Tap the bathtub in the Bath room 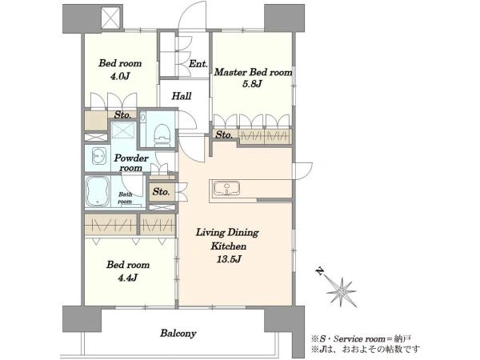(x=98, y=191)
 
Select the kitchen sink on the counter (x=226, y=188)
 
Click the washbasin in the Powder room (x=99, y=157)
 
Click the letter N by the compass (x=320, y=271)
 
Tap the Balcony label (x=178, y=333)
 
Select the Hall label (x=182, y=96)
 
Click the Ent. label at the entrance (x=198, y=64)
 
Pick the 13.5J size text (x=229, y=259)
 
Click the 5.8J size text (x=252, y=84)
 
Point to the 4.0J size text (x=120, y=75)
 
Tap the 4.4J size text (x=128, y=278)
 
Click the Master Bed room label (x=253, y=72)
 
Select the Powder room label (x=131, y=163)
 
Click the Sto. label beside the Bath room (x=161, y=192)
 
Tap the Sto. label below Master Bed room (x=224, y=134)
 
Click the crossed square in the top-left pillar (x=111, y=18)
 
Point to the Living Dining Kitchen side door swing (x=302, y=171)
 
